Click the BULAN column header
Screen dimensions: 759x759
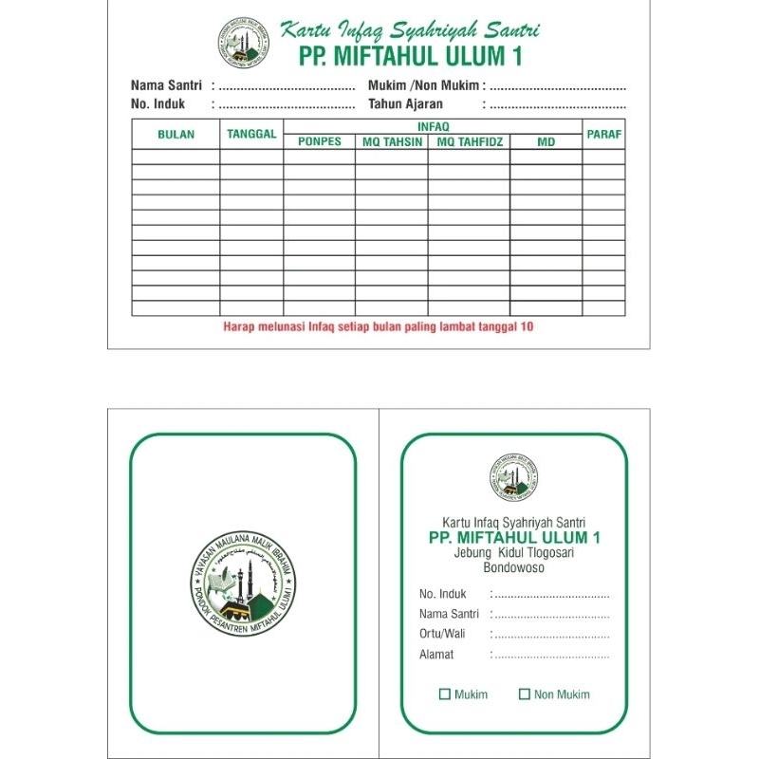(176, 135)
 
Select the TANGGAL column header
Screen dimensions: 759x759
(251, 134)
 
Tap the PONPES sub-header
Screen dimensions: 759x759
(319, 142)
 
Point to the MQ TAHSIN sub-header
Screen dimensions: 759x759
(392, 142)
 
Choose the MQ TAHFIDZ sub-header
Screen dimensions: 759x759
(469, 142)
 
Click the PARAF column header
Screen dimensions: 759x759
(603, 134)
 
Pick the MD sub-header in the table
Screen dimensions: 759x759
(546, 142)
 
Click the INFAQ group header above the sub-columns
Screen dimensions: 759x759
(433, 125)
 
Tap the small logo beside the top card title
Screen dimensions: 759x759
(243, 43)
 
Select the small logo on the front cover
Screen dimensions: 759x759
(515, 477)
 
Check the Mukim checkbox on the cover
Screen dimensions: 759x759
(445, 694)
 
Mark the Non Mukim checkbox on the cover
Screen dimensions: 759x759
(525, 694)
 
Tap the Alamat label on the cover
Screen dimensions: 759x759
(436, 655)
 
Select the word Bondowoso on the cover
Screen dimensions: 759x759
(514, 569)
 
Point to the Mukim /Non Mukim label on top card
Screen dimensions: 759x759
(422, 85)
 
